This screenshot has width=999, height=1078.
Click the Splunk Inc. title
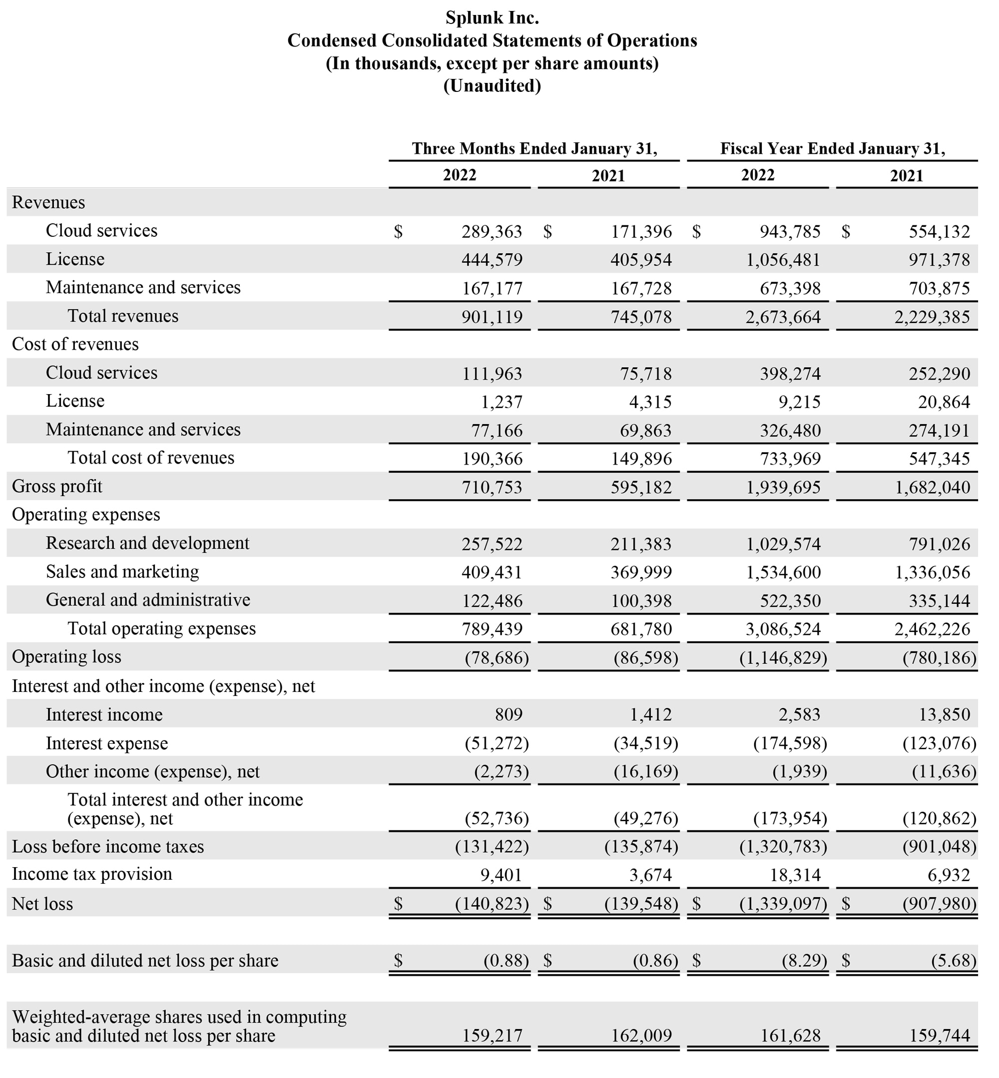pos(492,18)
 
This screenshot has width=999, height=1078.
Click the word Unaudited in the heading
pos(492,86)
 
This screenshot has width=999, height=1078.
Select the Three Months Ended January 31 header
pos(534,149)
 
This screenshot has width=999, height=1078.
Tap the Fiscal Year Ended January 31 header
pos(833,149)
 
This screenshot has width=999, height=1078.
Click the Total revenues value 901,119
pos(492,317)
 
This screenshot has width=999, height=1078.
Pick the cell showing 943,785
pos(790,232)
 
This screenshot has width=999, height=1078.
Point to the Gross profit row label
pos(57,487)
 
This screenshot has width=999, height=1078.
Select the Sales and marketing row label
pos(122,572)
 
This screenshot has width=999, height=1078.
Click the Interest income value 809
pos(508,715)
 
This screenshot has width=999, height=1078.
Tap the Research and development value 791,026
pos(940,544)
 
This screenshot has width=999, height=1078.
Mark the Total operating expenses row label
pos(161,629)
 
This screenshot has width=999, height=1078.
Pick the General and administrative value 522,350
pos(790,601)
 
